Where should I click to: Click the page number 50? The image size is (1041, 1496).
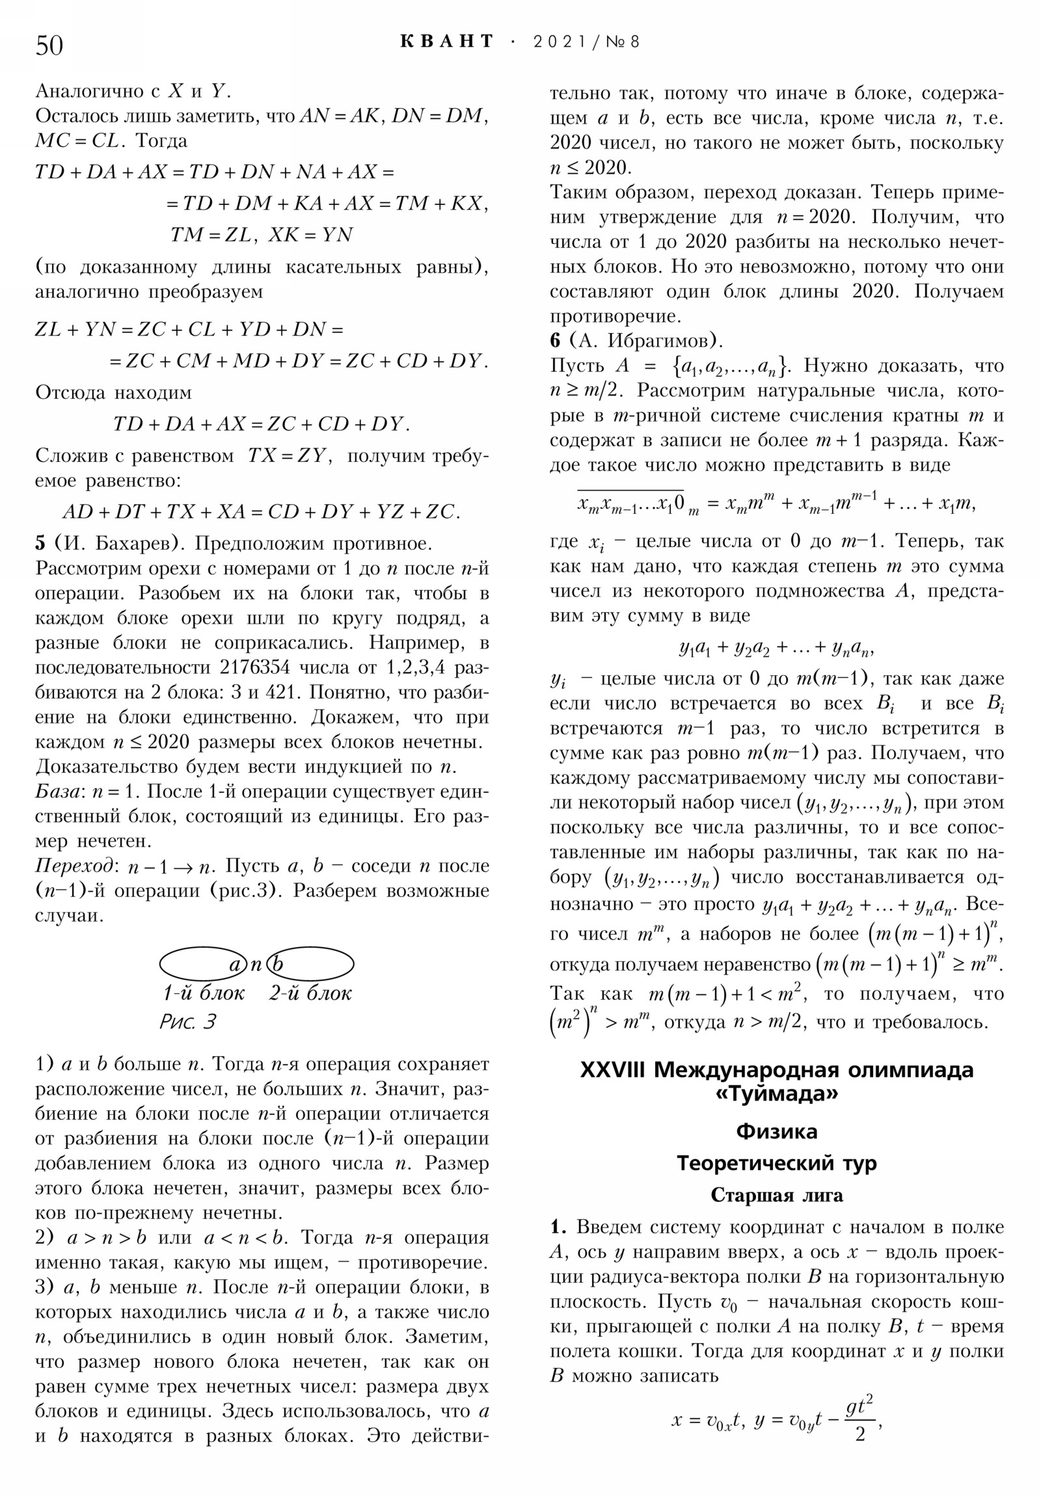tap(49, 46)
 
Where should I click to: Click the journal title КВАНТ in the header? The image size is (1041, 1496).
tap(447, 42)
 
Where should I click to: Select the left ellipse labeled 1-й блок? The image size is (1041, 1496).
tap(203, 964)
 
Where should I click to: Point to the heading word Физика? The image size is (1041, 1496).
tap(776, 1131)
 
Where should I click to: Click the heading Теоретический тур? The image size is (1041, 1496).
tap(776, 1163)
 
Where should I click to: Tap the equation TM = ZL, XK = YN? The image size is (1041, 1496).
tap(262, 235)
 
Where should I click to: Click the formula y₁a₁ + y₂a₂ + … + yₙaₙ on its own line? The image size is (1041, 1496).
tap(776, 648)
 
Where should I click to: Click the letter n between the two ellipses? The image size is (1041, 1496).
tap(256, 964)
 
